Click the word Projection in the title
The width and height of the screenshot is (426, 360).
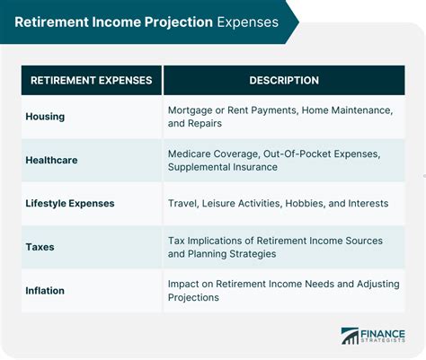click(x=178, y=22)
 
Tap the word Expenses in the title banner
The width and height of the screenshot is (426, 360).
click(x=248, y=22)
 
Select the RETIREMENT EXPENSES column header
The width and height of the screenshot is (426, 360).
click(x=92, y=80)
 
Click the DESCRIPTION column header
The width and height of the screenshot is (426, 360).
click(x=284, y=80)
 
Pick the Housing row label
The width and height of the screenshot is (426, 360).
click(x=45, y=117)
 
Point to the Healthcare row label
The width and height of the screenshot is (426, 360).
click(x=51, y=160)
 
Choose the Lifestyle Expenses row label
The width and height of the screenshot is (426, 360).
click(x=70, y=204)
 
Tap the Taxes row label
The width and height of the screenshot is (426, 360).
click(x=40, y=247)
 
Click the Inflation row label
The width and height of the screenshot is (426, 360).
click(x=45, y=291)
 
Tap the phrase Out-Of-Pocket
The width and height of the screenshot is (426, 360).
click(x=297, y=154)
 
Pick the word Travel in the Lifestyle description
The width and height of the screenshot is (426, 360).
click(x=183, y=204)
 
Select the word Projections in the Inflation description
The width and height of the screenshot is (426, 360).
click(x=193, y=297)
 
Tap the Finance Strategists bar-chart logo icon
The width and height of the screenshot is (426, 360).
click(x=350, y=336)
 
